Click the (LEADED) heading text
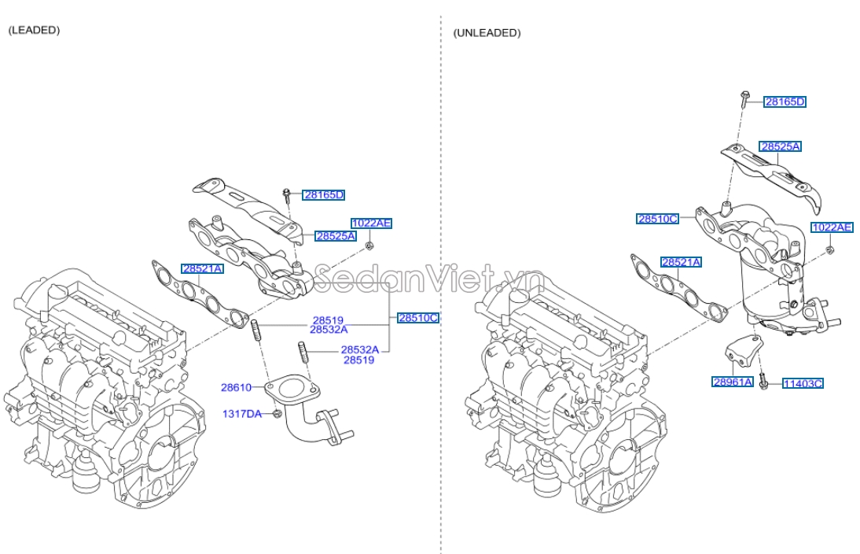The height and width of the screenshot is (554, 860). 34,30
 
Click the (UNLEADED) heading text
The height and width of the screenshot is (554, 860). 487,33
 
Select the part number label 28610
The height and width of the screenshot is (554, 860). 236,387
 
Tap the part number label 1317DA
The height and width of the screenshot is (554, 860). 241,413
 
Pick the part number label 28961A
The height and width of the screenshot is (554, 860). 733,382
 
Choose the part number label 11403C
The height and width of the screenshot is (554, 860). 803,383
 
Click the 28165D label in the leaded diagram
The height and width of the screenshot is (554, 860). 325,194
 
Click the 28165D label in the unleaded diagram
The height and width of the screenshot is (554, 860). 785,102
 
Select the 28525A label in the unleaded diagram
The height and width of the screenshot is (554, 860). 780,146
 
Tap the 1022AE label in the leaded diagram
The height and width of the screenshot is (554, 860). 371,223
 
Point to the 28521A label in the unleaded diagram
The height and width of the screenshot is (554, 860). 681,262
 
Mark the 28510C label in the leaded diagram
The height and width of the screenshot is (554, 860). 417,318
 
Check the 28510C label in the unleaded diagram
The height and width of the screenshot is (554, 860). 657,219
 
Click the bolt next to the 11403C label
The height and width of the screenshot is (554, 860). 763,386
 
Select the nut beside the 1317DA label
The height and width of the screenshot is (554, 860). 277,413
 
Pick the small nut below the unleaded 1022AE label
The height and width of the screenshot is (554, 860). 830,251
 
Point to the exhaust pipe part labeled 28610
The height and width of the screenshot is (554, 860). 307,413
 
